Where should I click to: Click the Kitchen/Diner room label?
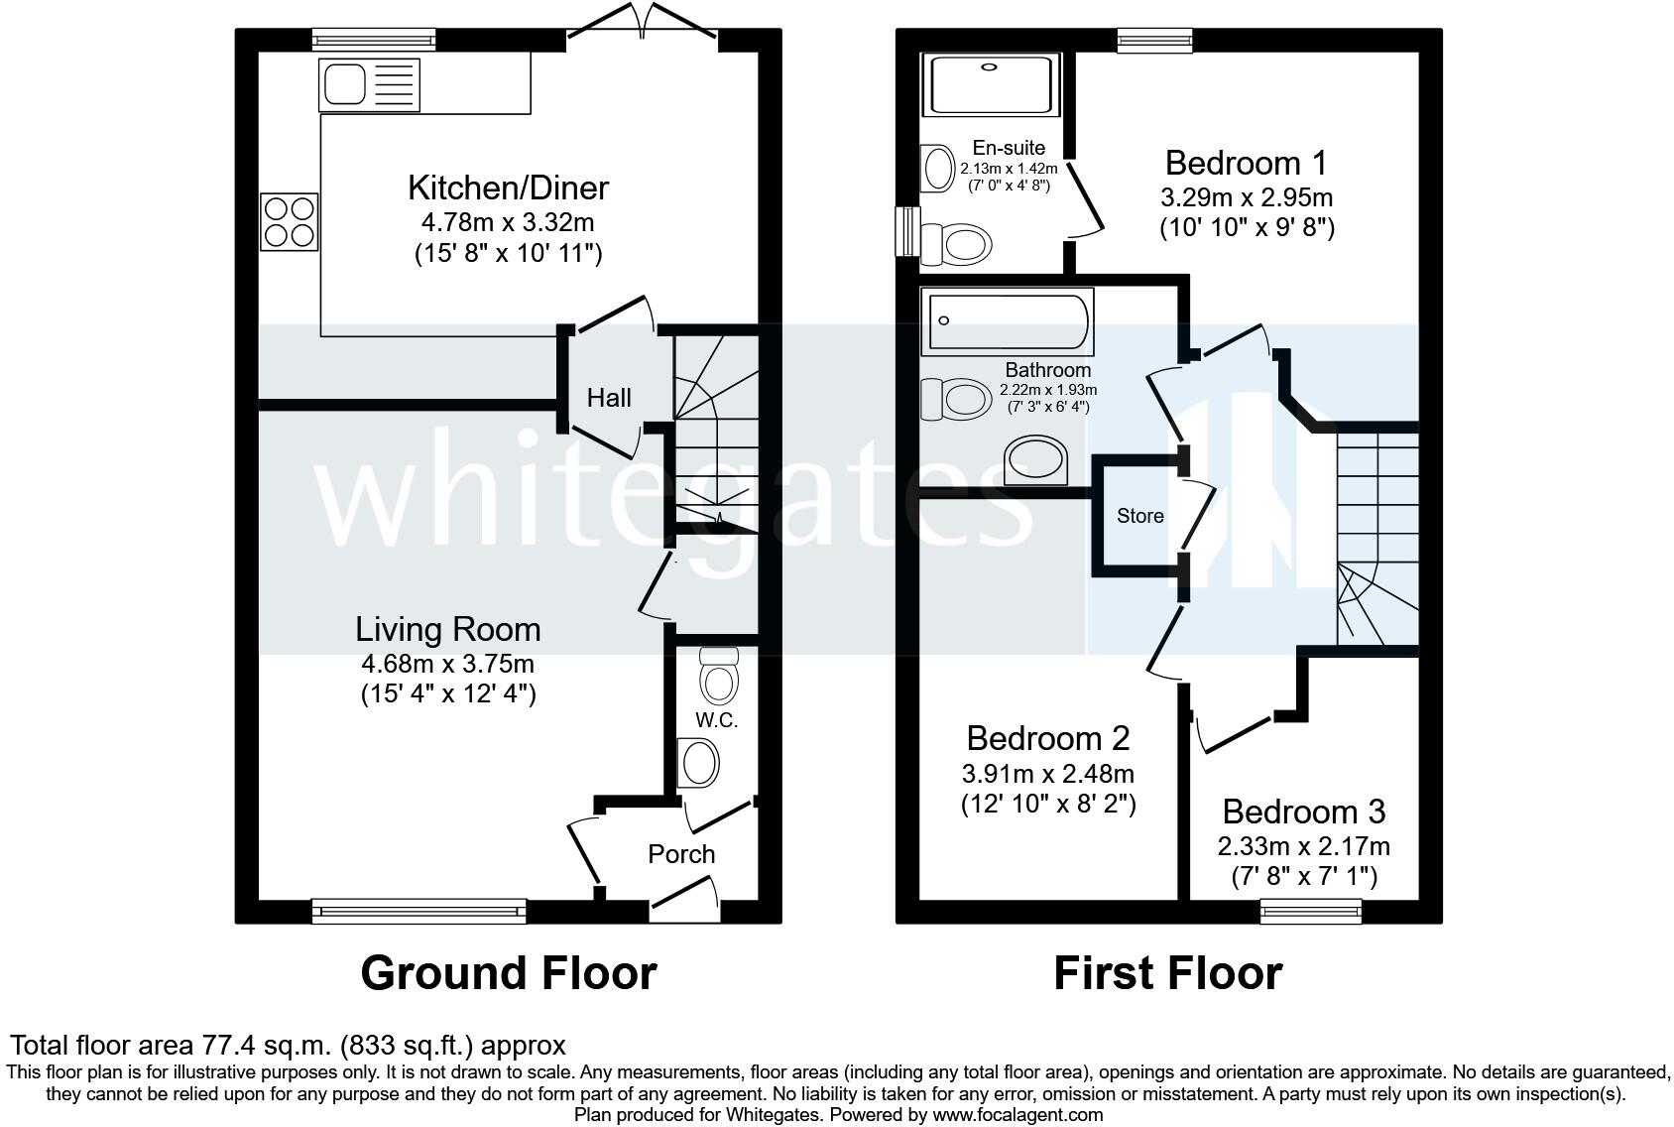tap(508, 188)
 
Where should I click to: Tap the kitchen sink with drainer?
tap(369, 85)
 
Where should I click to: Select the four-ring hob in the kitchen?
tap(290, 222)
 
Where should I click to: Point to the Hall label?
tap(609, 398)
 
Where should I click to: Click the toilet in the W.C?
tap(719, 676)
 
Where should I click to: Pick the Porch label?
tap(681, 854)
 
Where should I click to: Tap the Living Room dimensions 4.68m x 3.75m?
tap(447, 664)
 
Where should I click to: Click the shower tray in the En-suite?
tap(991, 84)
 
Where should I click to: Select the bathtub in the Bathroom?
tap(1008, 321)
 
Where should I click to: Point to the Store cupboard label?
tap(1140, 516)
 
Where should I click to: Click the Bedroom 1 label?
tap(1247, 163)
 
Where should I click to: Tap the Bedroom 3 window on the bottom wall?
tap(1311, 911)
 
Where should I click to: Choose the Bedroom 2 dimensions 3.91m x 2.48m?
tap(1048, 773)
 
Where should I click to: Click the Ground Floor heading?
tap(508, 973)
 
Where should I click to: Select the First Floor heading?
tap(1168, 973)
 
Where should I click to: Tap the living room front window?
tap(419, 911)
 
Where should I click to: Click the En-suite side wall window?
tap(908, 231)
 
